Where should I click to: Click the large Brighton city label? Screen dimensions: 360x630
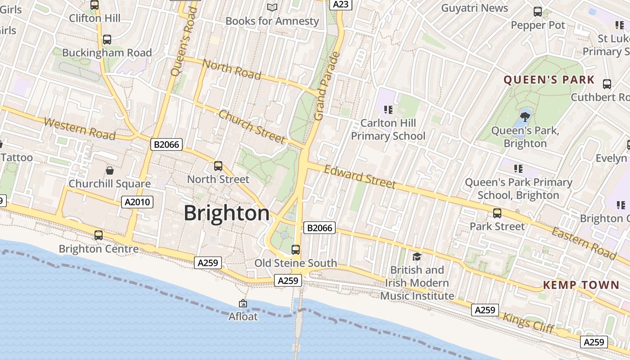(x=226, y=213)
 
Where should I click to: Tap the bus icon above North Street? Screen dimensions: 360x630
(x=218, y=166)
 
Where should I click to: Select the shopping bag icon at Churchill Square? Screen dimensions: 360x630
(x=109, y=171)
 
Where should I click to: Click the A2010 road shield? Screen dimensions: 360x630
(x=138, y=202)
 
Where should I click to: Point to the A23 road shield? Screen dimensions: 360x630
(x=341, y=4)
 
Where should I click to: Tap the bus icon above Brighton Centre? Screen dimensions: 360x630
(x=99, y=235)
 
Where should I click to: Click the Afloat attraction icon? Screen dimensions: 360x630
(x=243, y=303)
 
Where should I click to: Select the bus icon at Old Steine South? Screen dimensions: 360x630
(x=296, y=249)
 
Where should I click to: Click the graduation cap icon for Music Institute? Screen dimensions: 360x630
(x=417, y=256)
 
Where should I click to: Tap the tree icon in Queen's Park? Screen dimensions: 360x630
(x=525, y=117)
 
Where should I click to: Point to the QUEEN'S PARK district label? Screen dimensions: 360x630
(x=549, y=81)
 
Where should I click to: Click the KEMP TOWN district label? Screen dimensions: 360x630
(x=581, y=285)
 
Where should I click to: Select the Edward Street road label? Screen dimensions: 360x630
(x=360, y=176)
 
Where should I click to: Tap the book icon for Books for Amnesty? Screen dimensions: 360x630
(x=272, y=7)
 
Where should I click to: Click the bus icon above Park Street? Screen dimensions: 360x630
(x=497, y=213)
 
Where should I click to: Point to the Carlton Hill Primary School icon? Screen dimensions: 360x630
(x=388, y=109)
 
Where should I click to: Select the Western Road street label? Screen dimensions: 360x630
(x=80, y=129)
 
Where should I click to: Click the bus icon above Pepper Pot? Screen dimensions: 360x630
(x=538, y=12)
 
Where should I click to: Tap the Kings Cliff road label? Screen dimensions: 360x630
(x=529, y=323)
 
